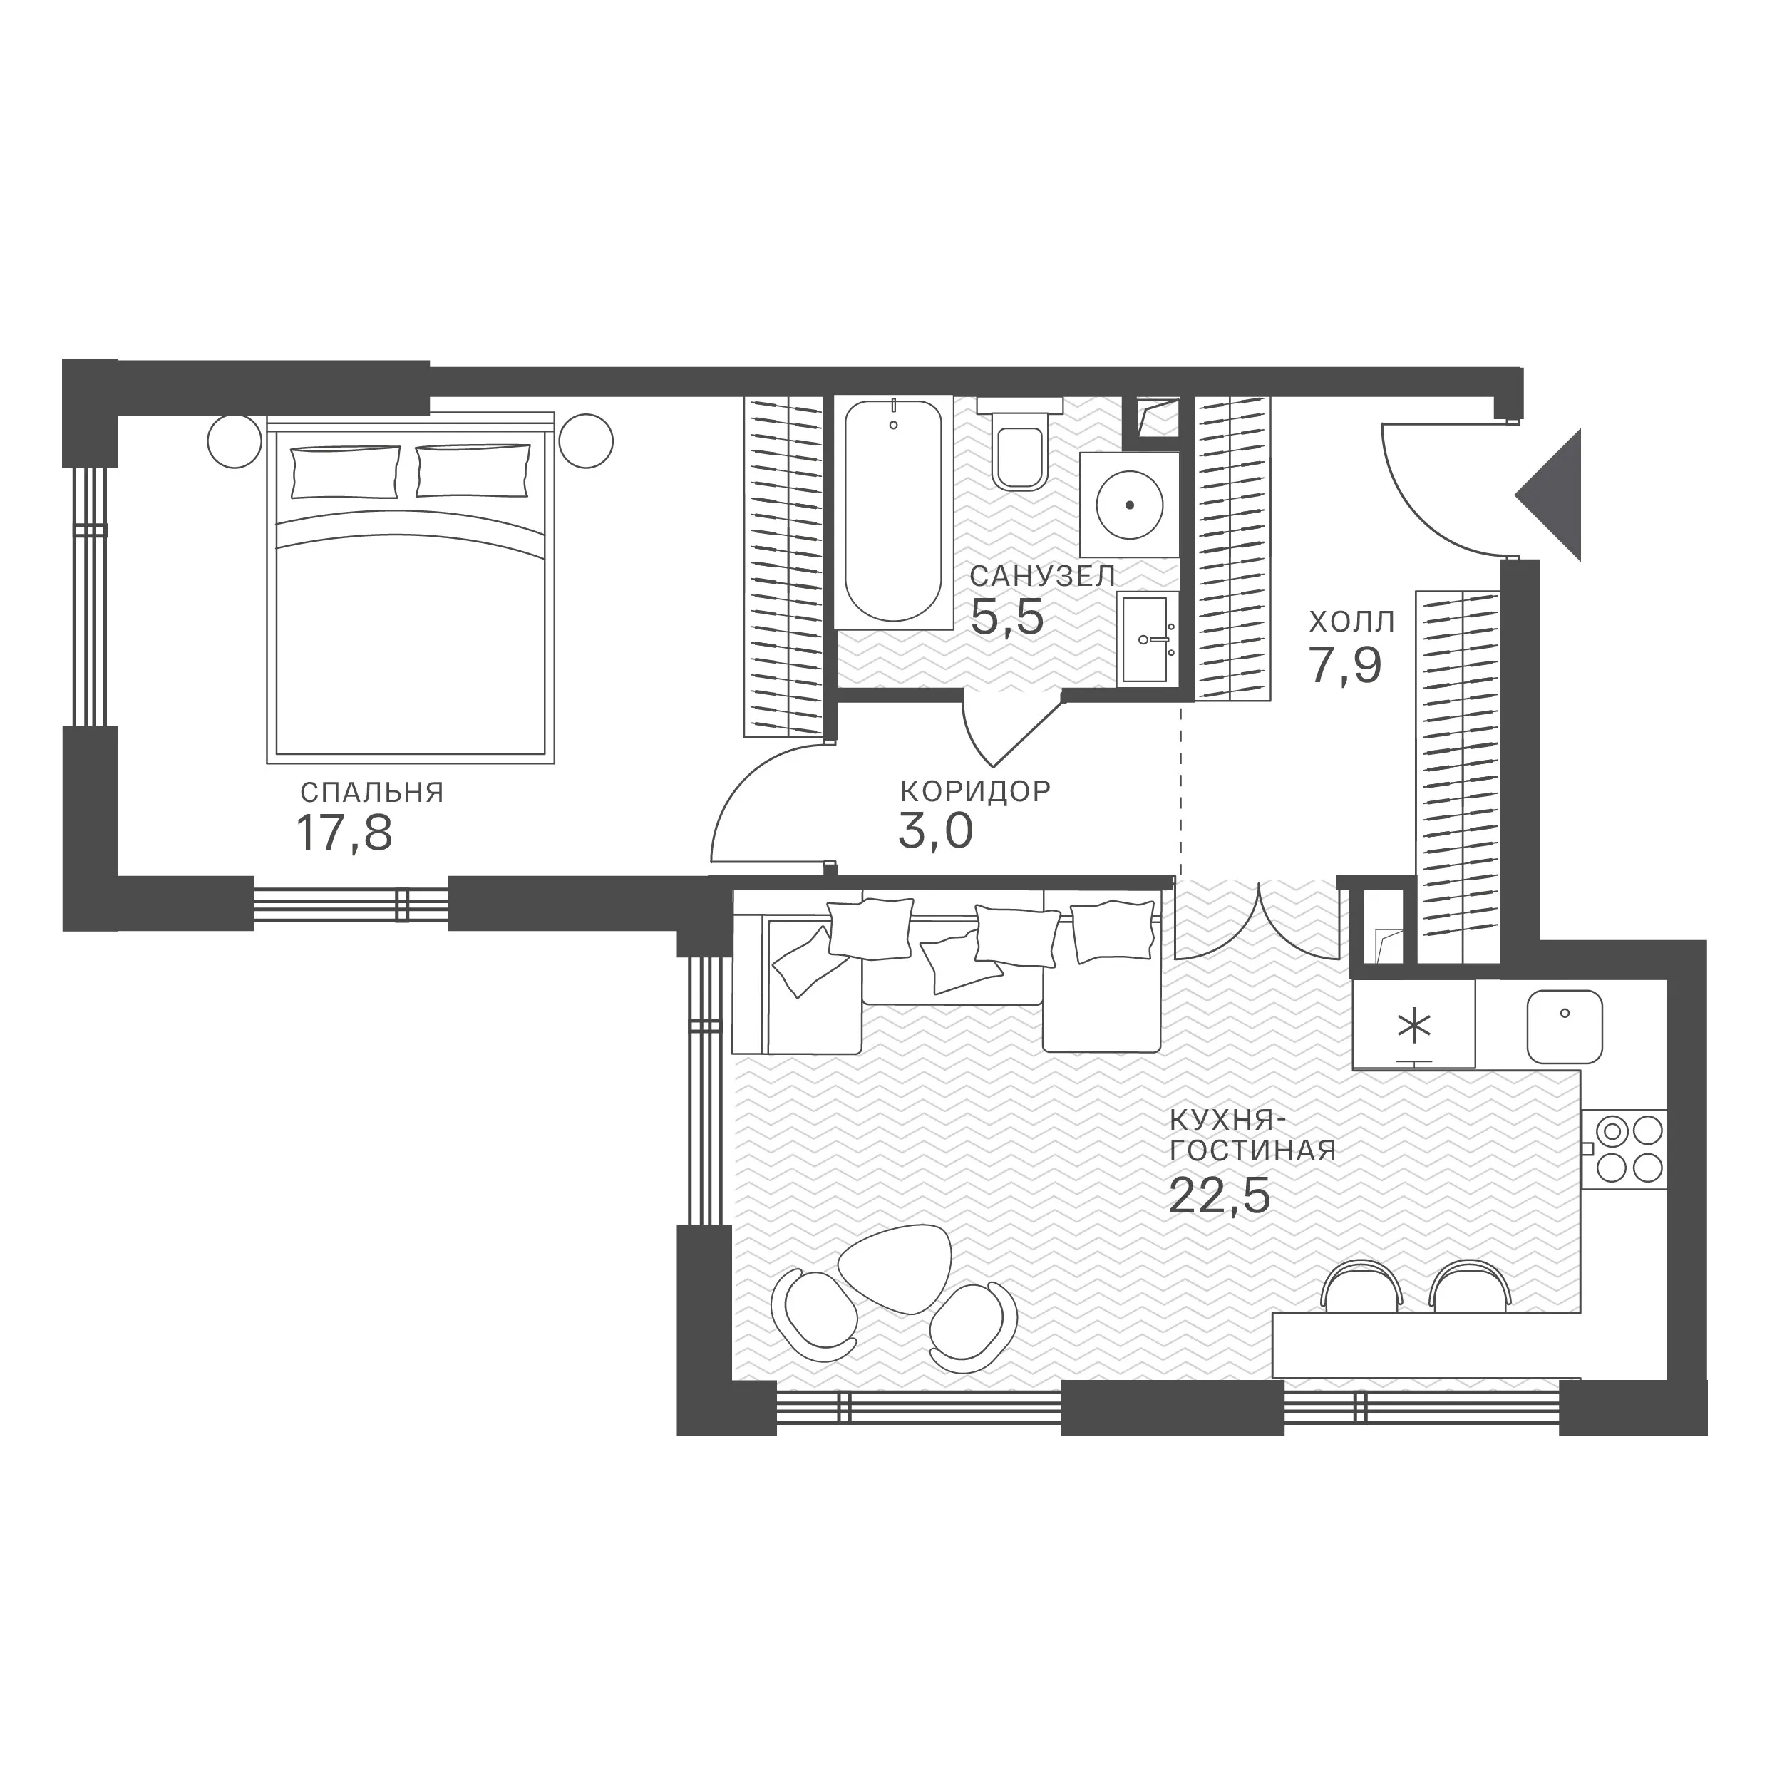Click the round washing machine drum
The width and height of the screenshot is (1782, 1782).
pyautogui.click(x=1129, y=505)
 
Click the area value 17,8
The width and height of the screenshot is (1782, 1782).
pyautogui.click(x=344, y=833)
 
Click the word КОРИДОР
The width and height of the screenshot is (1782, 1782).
pyautogui.click(x=975, y=790)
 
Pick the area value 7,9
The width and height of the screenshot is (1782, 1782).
pyautogui.click(x=1345, y=665)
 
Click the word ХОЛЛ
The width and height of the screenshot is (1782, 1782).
pyautogui.click(x=1352, y=622)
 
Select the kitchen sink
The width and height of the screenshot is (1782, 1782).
pyautogui.click(x=1565, y=1026)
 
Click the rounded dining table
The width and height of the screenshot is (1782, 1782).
pyautogui.click(x=894, y=1270)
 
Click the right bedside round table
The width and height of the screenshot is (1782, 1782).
pyautogui.click(x=586, y=441)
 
